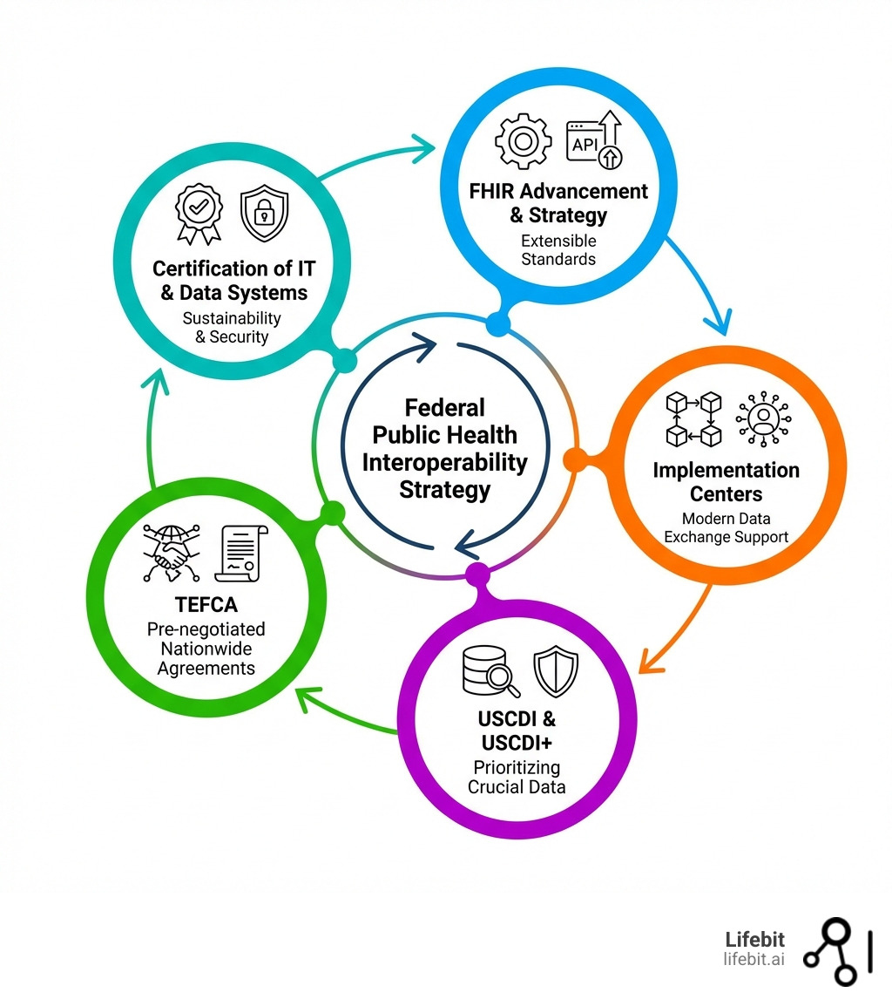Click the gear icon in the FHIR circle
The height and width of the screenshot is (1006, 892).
(524, 140)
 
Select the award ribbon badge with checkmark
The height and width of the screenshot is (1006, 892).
(199, 212)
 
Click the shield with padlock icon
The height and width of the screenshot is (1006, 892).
(263, 213)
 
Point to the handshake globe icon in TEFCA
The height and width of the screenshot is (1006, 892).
(171, 554)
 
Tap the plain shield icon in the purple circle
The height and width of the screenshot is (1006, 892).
(556, 671)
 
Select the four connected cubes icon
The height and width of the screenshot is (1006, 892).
(693, 418)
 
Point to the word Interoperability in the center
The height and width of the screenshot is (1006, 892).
(445, 462)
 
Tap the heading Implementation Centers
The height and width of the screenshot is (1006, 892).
(726, 482)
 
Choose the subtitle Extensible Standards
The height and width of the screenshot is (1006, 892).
(558, 249)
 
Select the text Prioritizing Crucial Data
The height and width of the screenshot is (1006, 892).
(517, 777)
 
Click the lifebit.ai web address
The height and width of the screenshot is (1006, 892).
(753, 959)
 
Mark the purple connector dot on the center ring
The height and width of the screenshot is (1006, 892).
(477, 574)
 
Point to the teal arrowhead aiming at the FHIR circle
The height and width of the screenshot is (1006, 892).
(422, 145)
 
